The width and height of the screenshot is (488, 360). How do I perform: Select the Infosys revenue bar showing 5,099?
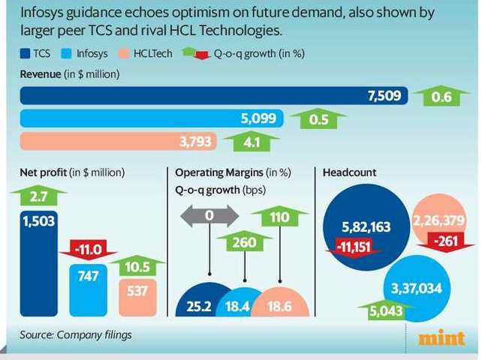(150, 118)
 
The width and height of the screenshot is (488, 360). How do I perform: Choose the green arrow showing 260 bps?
(245, 242)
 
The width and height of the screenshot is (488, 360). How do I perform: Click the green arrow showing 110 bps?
(280, 217)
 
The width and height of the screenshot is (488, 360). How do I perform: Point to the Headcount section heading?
(349, 172)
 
